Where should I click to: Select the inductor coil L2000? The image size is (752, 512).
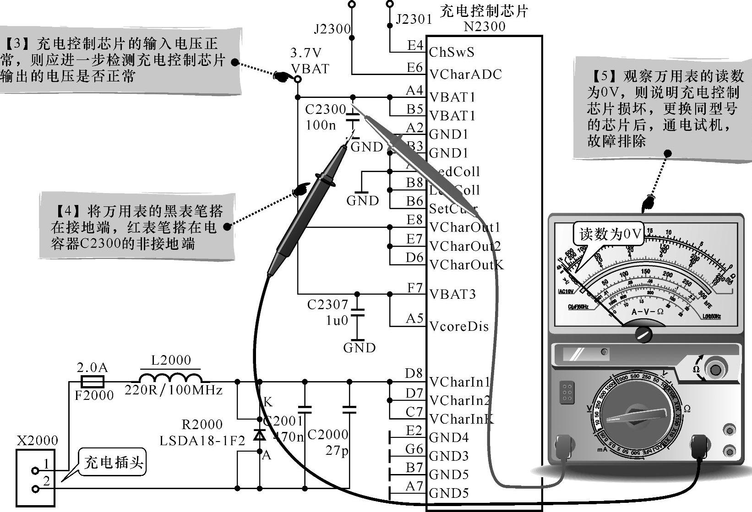tap(170, 378)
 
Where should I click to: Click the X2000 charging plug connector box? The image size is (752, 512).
tap(36, 478)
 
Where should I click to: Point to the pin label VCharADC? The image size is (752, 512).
tap(465, 74)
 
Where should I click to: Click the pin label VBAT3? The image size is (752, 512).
tap(452, 294)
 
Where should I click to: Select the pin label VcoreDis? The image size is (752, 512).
tap(459, 327)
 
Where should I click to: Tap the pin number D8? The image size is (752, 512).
tap(414, 373)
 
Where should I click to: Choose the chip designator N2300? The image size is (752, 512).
tap(485, 27)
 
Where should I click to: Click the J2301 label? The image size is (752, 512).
tap(414, 19)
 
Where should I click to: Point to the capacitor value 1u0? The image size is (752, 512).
tap(337, 321)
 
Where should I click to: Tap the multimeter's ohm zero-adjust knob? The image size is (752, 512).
tap(715, 369)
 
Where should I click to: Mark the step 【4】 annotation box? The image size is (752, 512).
tap(137, 227)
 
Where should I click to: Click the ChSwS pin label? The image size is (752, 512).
tap(452, 52)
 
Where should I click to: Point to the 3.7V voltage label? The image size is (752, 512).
tap(306, 54)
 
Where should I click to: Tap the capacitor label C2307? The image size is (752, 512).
tap(327, 304)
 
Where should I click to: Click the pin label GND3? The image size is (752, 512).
tap(449, 456)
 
